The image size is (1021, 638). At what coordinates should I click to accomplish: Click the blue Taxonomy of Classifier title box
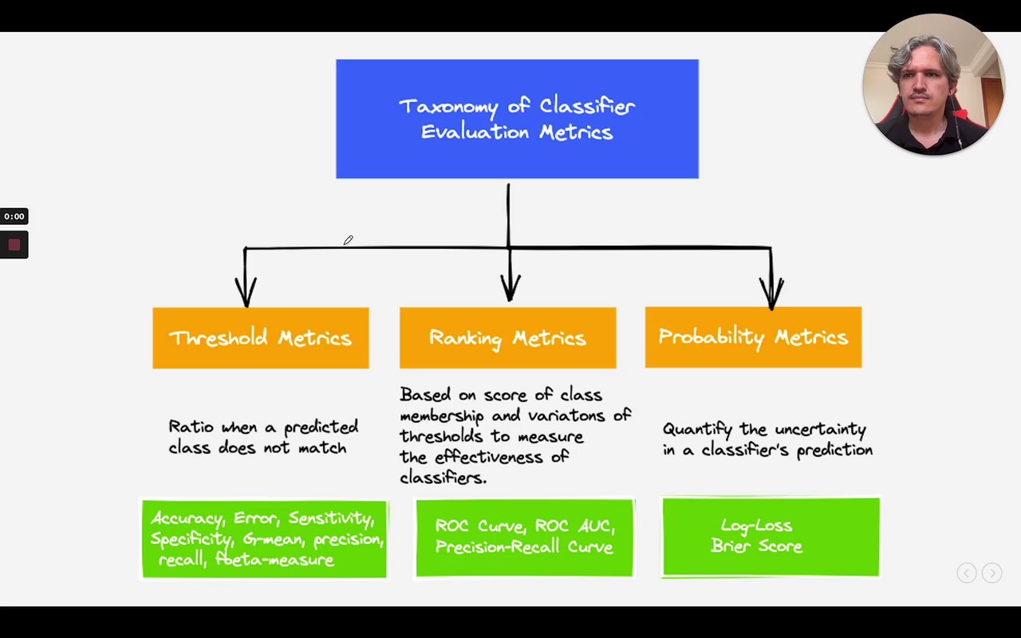pos(517,119)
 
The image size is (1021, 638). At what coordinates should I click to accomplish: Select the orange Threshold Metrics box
pos(261,338)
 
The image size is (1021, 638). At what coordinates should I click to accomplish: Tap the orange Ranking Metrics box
pos(507,338)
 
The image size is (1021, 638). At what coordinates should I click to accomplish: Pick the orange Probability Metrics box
pos(753,337)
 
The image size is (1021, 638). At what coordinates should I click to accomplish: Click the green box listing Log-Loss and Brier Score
pos(771,537)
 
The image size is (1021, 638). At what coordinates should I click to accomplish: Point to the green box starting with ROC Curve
pos(525,537)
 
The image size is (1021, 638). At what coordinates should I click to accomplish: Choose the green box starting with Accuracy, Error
pos(264,538)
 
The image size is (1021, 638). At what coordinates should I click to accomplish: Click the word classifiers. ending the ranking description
pos(443,478)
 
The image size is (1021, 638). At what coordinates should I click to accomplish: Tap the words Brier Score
pos(756,547)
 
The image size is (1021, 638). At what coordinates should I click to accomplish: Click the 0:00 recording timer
pos(14,216)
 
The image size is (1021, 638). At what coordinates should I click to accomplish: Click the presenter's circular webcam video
pos(932,84)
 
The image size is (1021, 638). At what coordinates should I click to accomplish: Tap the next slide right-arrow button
pos(991,573)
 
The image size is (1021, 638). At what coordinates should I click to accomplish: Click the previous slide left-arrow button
pos(967,573)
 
